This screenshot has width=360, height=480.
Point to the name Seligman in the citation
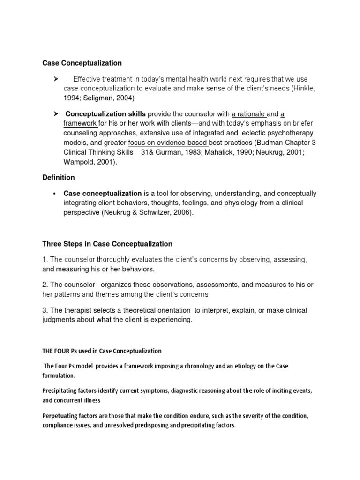click(x=99, y=98)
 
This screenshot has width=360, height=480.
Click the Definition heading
click(x=59, y=178)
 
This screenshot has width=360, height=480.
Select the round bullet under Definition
click(x=55, y=194)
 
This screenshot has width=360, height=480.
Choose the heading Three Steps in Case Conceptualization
click(x=107, y=244)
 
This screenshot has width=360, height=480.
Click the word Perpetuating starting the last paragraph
click(x=61, y=416)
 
